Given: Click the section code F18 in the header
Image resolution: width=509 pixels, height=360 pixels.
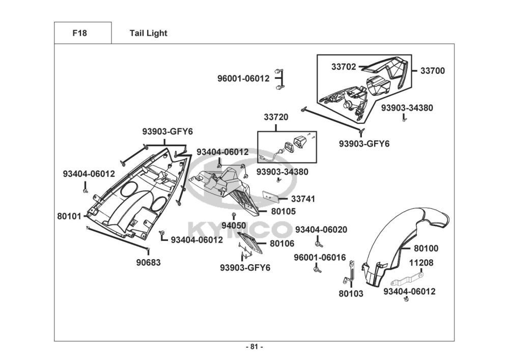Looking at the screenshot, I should [x=79, y=34].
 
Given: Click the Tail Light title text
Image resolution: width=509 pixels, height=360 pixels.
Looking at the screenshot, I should [x=148, y=34].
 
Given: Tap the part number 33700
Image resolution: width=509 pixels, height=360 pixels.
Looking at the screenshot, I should [x=432, y=71].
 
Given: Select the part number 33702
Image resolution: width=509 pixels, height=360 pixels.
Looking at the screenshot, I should [x=344, y=67].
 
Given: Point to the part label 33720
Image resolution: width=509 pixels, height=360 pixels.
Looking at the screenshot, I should [x=276, y=117].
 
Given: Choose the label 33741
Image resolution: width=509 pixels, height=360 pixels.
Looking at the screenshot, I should [x=303, y=199].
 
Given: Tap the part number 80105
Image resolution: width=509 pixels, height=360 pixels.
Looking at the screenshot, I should [x=283, y=211].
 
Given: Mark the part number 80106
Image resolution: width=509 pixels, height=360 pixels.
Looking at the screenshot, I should [x=282, y=244].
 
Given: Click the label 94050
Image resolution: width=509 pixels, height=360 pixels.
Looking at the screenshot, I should [x=234, y=225].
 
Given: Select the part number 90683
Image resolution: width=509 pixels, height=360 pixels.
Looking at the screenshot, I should [x=148, y=262].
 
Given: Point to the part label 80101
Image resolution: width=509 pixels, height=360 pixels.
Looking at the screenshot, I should [x=69, y=216].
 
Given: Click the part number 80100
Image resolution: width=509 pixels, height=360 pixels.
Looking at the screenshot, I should [x=426, y=248].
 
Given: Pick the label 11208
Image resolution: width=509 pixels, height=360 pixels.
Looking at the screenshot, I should [x=421, y=263].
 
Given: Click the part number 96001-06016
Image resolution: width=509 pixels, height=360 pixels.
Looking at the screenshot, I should [x=320, y=257].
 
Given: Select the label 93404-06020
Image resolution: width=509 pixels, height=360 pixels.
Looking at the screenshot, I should [x=321, y=230].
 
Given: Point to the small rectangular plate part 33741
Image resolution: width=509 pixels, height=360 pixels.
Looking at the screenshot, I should [x=269, y=196].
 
